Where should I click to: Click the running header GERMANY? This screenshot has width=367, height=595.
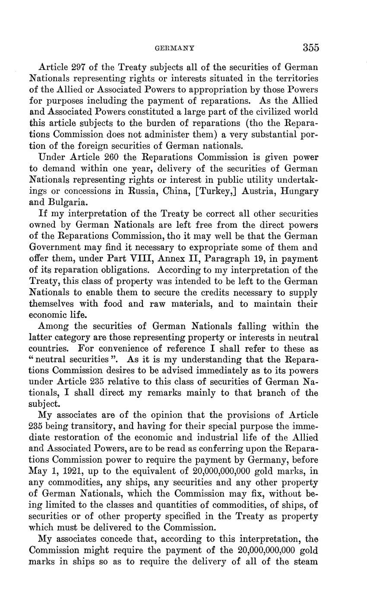click(x=174, y=48)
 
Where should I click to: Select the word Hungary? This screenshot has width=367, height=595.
click(x=299, y=191)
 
